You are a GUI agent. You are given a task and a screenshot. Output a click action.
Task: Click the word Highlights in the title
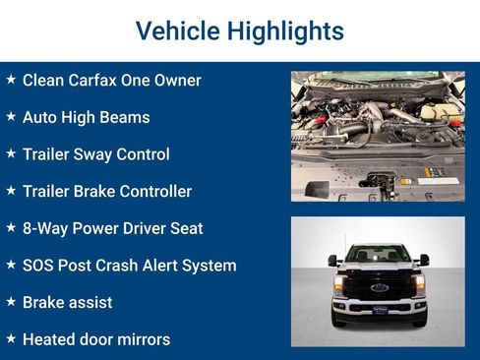point(283,31)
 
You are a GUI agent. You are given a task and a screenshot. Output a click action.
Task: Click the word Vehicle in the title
point(178,31)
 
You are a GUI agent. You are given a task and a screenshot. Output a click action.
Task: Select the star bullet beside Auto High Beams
point(11,116)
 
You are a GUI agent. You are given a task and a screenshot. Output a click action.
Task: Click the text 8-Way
point(44,228)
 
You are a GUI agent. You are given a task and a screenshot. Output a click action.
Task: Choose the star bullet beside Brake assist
point(11,301)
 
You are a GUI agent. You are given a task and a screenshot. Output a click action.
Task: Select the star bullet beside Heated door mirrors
point(11,338)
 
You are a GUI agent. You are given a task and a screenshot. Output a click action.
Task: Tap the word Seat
point(186,228)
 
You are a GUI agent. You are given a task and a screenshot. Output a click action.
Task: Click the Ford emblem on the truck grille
point(379,288)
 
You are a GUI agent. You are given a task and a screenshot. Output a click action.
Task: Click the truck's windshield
point(379,254)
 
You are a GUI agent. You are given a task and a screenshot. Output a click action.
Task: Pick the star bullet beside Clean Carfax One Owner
point(11,79)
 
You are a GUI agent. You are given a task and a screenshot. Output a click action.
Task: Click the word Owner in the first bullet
point(176,80)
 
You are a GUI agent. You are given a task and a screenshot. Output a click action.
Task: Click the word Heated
point(49,339)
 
